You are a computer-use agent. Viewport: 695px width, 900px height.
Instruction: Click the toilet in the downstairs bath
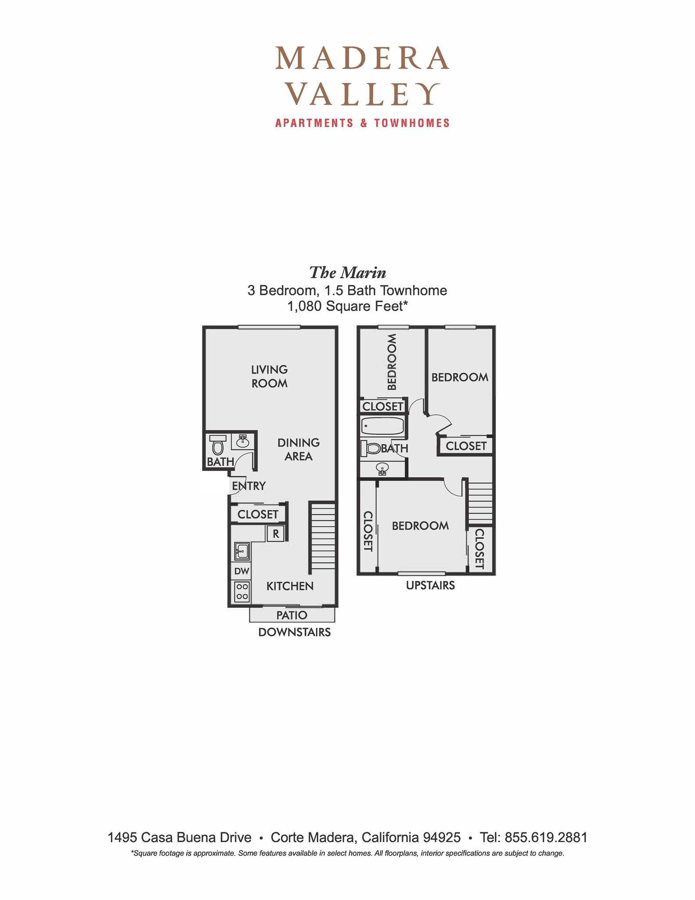click(217, 445)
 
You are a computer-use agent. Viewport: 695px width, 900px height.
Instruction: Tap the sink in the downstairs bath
click(242, 441)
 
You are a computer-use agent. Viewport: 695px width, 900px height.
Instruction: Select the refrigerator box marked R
click(276, 534)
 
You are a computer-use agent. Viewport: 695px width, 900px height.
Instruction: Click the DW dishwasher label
click(241, 571)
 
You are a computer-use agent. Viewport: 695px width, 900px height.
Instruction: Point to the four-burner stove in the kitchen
click(241, 592)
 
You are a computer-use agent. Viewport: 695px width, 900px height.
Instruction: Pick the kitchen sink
click(241, 551)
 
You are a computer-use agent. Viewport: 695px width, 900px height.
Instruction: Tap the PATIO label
click(292, 615)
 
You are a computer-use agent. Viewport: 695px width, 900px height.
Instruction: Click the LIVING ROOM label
click(270, 376)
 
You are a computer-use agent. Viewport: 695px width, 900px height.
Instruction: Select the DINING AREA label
click(299, 449)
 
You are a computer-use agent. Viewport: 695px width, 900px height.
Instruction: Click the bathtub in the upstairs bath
click(382, 426)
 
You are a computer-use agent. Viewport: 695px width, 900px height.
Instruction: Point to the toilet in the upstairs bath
click(371, 448)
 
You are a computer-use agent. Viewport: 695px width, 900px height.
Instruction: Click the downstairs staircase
click(323, 536)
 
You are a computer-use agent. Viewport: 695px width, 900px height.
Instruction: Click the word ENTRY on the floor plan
click(249, 486)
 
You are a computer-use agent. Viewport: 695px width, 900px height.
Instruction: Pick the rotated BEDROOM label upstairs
click(392, 362)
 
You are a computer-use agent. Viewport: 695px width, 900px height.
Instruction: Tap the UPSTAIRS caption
click(430, 585)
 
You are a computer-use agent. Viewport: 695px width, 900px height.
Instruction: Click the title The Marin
click(348, 273)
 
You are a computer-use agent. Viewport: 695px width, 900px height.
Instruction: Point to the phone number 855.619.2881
click(546, 837)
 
